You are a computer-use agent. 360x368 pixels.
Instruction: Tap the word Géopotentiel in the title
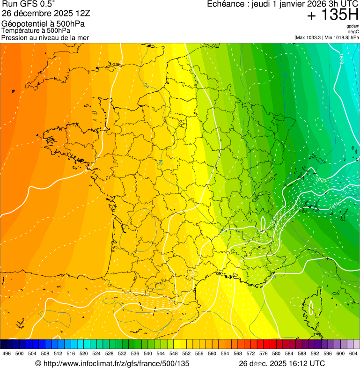coord(22,24)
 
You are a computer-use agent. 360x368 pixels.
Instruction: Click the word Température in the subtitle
coord(20,30)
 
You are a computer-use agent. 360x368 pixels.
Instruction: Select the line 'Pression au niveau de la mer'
coord(45,37)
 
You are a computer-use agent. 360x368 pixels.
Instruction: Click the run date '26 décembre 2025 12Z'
coord(49,13)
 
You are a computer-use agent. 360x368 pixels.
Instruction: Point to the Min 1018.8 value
coord(339,37)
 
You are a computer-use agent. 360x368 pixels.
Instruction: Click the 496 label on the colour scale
coord(7,353)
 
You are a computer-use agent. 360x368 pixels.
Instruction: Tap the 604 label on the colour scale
coord(353,353)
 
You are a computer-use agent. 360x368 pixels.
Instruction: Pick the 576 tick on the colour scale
coord(264,353)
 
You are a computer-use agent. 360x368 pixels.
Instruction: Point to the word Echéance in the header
coord(224,4)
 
